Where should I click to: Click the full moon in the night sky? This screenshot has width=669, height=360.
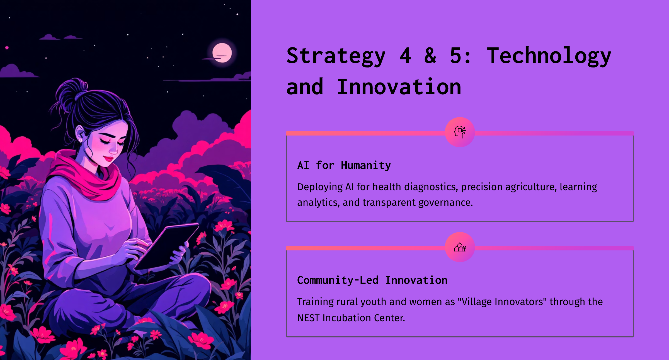coord(222,53)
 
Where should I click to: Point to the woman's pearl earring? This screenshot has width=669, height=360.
coord(81,140)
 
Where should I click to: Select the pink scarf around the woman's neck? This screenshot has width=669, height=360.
coord(86,176)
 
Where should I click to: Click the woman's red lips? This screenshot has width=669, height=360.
coord(109,159)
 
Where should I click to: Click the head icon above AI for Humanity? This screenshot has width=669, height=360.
coord(460,132)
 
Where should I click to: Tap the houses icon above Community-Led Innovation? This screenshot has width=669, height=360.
coord(460,247)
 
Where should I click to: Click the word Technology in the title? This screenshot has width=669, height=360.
coord(549,56)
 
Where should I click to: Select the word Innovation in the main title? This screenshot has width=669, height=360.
coord(399,87)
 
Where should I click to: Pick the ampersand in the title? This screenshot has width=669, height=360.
coord(430,56)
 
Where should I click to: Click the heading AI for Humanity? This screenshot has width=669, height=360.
coord(344,165)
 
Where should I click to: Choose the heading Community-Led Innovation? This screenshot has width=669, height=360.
coord(372,280)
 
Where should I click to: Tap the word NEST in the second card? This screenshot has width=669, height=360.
coord(309,318)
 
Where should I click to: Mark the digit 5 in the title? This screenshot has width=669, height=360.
coord(455,56)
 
